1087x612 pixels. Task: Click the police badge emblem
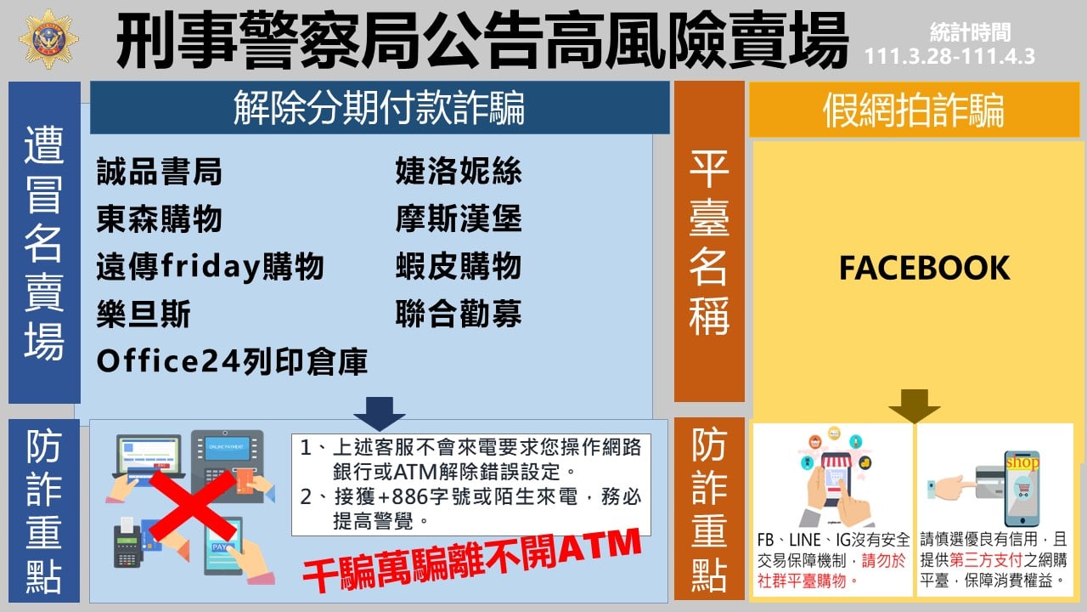point(48,39)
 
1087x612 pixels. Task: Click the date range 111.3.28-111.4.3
point(949,56)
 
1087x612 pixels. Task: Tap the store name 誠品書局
point(159,172)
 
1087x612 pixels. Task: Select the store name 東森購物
point(159,218)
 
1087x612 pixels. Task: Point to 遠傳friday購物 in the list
point(210,267)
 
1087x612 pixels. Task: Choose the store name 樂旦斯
point(144,314)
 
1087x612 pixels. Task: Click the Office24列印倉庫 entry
point(232,361)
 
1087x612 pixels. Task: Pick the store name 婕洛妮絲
point(459,171)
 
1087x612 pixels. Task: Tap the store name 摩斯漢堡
point(459,218)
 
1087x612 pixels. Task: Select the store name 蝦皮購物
point(459,266)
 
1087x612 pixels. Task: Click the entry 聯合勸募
point(459,314)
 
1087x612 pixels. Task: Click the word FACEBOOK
point(925,268)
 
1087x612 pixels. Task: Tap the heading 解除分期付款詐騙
point(379,108)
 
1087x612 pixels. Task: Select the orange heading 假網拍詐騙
point(914,110)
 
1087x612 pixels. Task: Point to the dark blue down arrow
point(380,414)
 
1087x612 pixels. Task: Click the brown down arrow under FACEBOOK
point(915,406)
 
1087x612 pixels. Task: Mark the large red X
point(193,506)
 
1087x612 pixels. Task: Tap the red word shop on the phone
point(1022,462)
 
